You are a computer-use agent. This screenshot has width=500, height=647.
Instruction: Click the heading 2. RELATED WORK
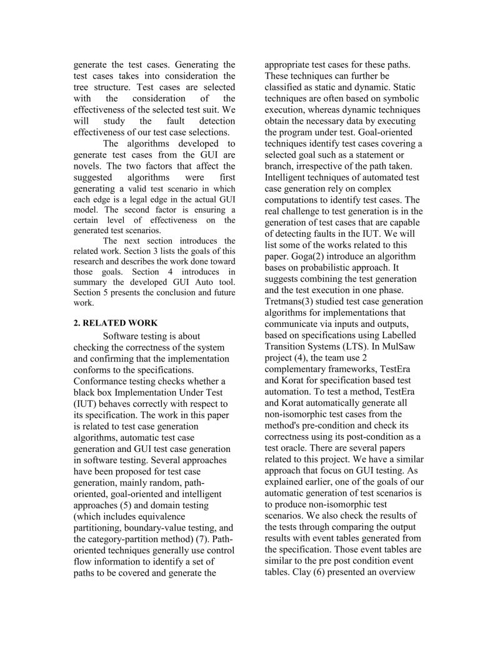point(116,323)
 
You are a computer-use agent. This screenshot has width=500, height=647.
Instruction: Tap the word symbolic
point(398,99)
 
